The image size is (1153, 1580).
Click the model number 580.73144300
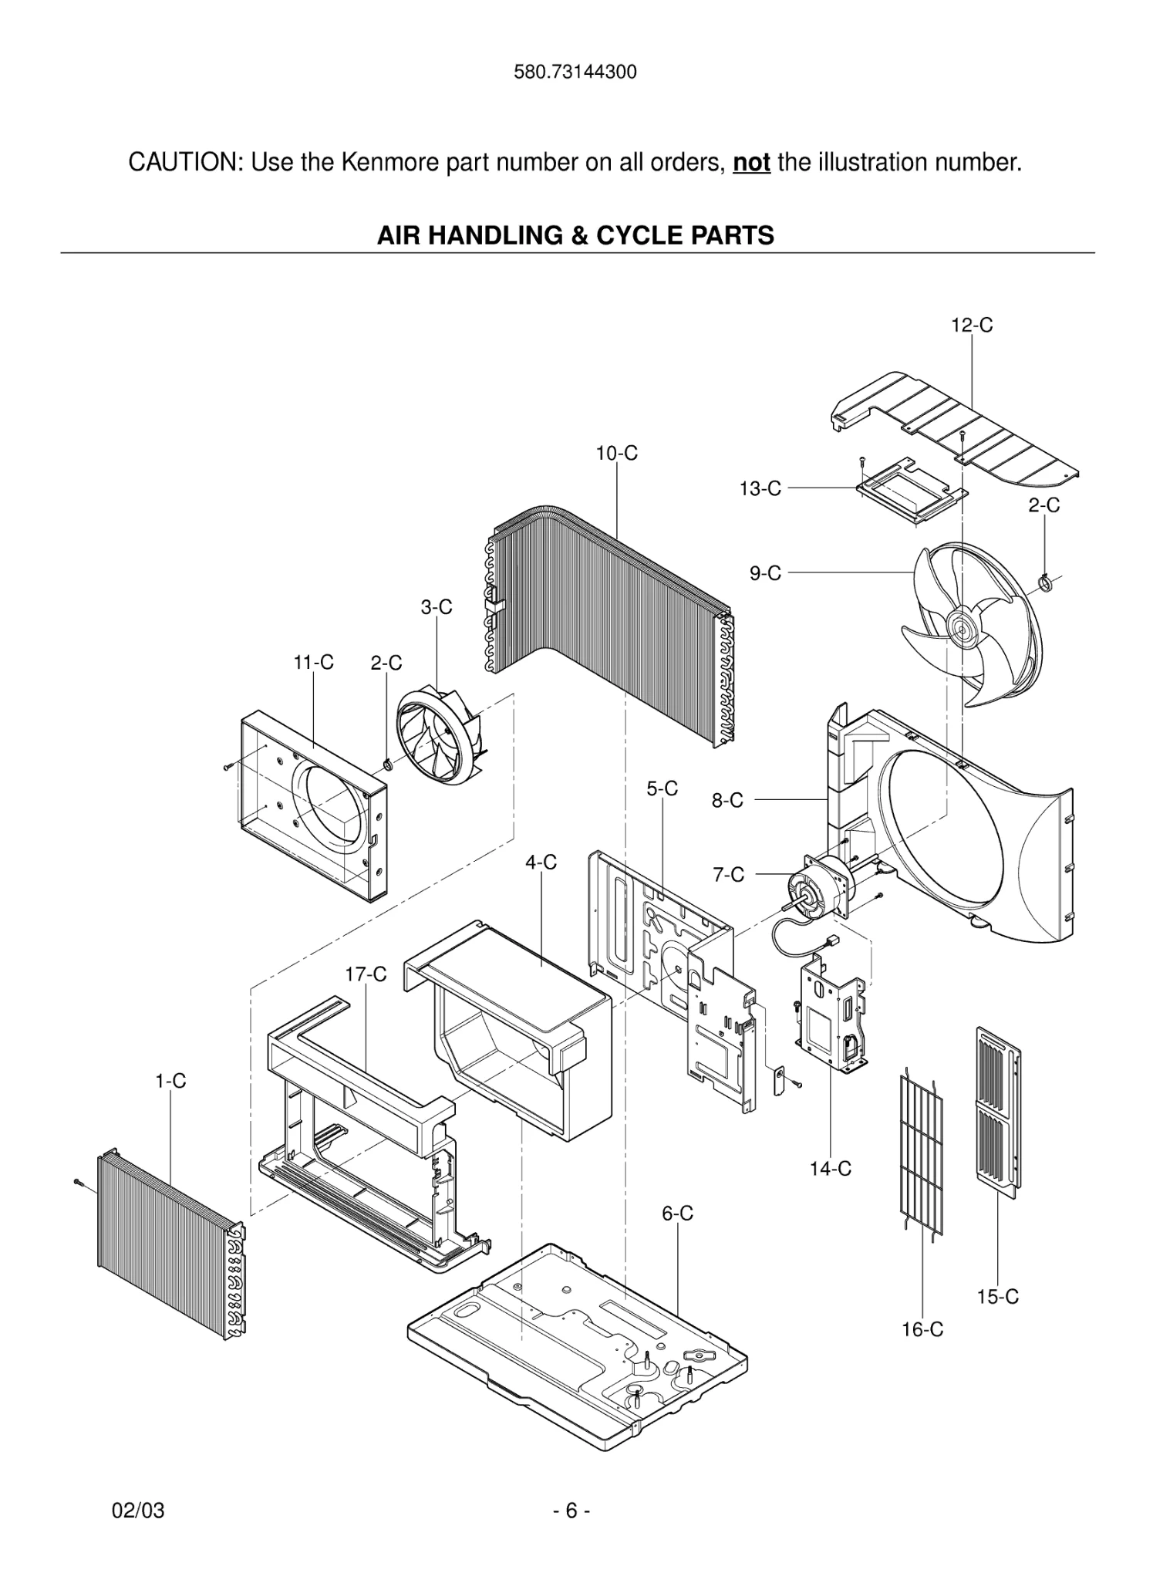point(575,73)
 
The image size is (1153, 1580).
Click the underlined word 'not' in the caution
point(751,163)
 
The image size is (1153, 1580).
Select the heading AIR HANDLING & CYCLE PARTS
point(575,235)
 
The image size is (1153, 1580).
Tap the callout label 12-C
point(972,326)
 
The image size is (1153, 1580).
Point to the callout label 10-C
point(616,454)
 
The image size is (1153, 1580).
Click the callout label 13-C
point(760,488)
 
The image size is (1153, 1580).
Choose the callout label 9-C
point(765,573)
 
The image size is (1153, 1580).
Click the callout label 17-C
point(366,974)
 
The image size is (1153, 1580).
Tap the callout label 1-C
point(170,1081)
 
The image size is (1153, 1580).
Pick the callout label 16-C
point(922,1329)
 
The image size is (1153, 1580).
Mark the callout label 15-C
point(998,1297)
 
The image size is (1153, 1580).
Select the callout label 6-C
point(677,1214)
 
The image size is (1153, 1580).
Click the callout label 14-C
point(831,1169)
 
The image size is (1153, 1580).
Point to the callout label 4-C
point(541,863)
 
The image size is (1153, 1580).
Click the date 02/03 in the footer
point(139,1511)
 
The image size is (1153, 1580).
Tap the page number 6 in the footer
point(571,1511)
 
